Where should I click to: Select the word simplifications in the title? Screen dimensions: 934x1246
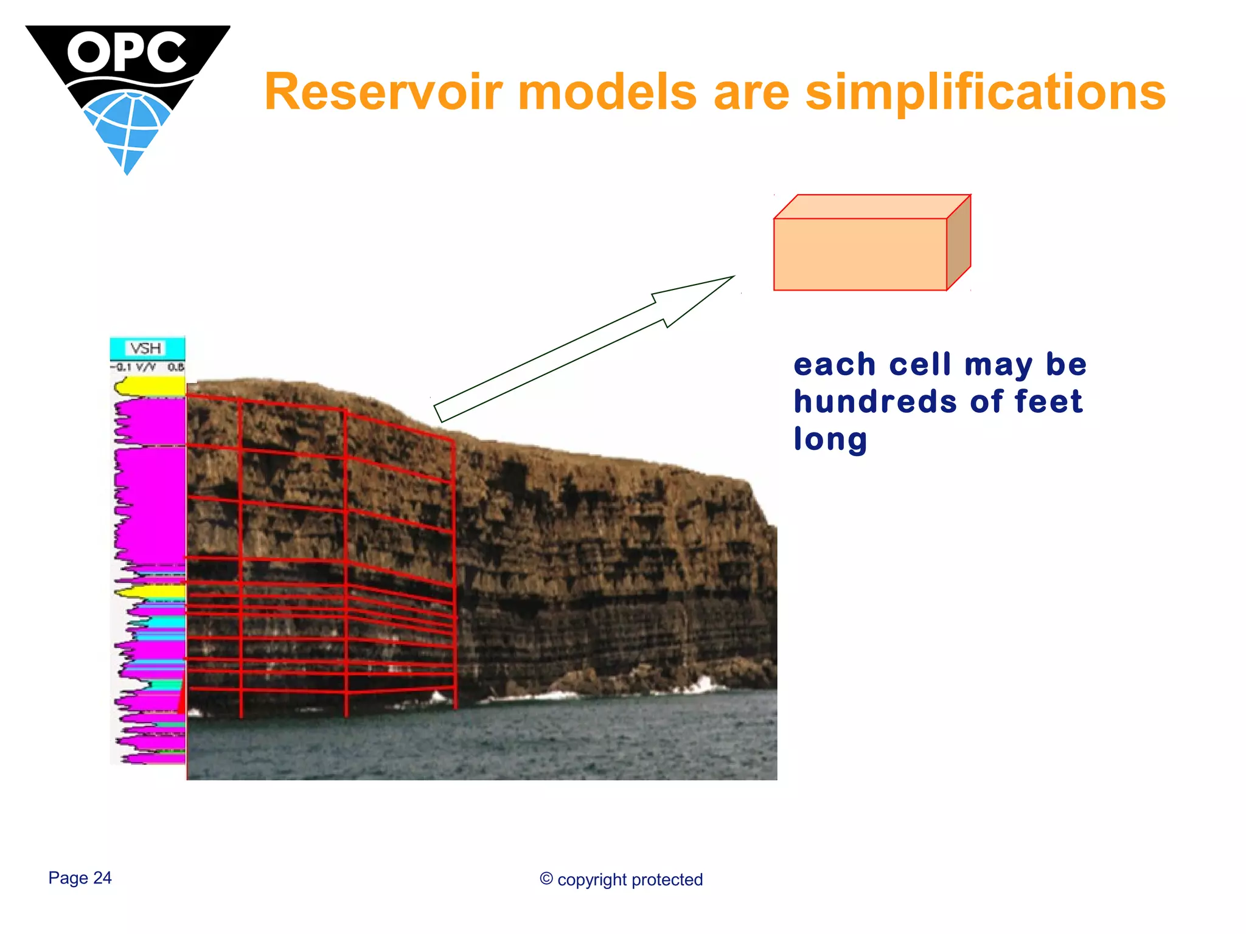click(x=985, y=92)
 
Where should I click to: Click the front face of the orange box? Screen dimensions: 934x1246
click(x=860, y=254)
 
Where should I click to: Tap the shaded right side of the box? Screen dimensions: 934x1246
click(x=959, y=243)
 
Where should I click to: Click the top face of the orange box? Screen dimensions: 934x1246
click(x=871, y=207)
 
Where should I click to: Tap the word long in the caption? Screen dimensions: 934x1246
click(x=830, y=439)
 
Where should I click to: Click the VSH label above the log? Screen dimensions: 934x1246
click(x=147, y=348)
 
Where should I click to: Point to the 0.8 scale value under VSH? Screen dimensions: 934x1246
click(x=176, y=367)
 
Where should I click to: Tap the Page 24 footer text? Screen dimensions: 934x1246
click(x=80, y=877)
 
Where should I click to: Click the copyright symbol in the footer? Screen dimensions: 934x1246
click(x=546, y=879)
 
